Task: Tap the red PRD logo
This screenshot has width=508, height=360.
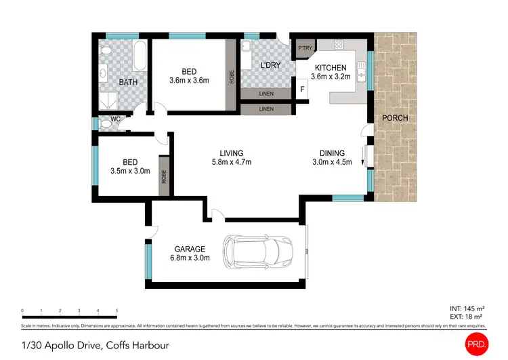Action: click(x=478, y=344)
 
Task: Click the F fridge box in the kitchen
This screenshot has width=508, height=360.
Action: click(x=302, y=88)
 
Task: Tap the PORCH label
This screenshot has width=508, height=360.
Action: click(x=395, y=118)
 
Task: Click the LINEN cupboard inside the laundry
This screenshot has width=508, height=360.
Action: click(x=266, y=94)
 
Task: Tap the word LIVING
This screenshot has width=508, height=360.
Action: click(x=231, y=153)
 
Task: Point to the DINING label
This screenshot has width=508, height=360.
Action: click(x=333, y=153)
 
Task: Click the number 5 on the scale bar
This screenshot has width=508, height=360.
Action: click(x=117, y=311)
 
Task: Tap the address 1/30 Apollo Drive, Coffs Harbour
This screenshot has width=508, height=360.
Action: click(x=94, y=345)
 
